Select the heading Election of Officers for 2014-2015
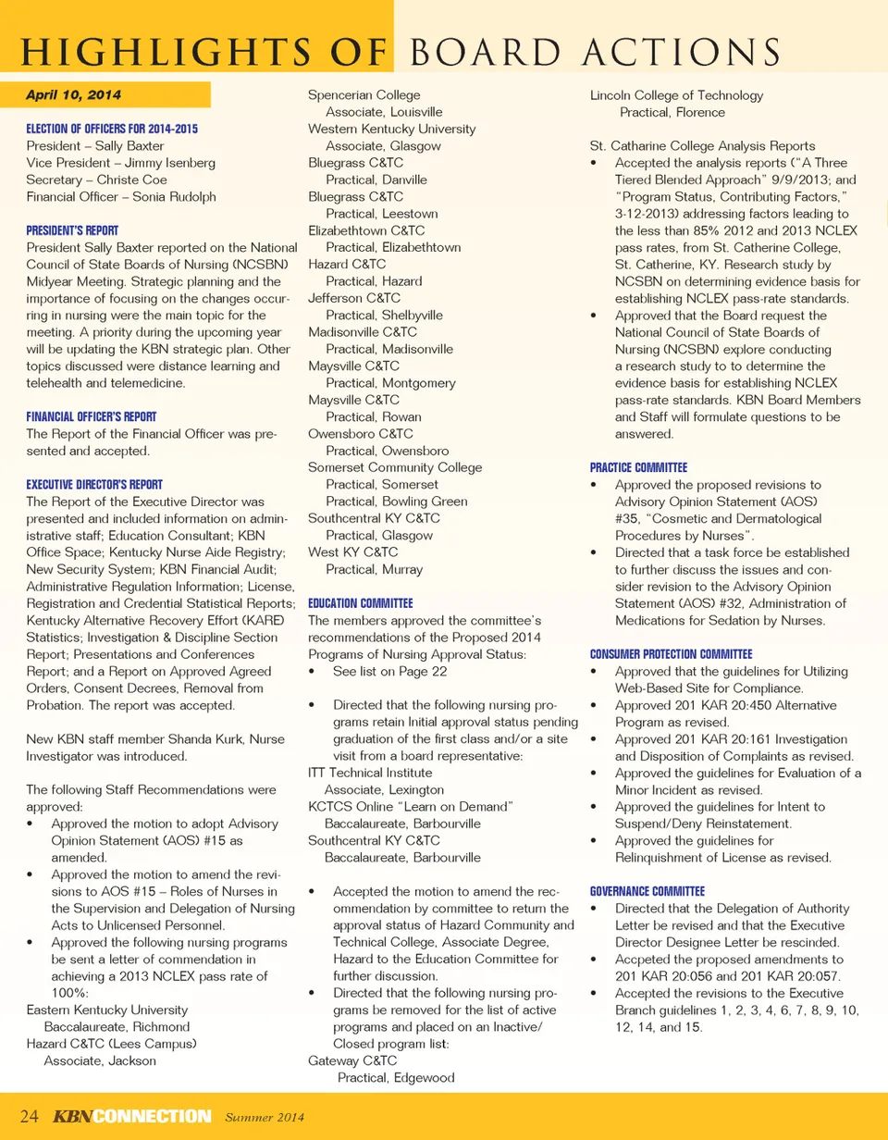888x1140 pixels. point(112,130)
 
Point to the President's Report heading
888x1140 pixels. point(72,229)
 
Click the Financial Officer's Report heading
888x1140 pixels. point(92,416)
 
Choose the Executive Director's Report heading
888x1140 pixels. point(94,484)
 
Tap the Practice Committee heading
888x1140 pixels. point(638,468)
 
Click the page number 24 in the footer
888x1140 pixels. point(29,1116)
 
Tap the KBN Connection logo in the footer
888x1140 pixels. point(131,1116)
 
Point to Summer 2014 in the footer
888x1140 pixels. point(266,1117)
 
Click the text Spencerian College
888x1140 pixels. point(364,95)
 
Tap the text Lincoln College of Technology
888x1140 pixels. point(676,95)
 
